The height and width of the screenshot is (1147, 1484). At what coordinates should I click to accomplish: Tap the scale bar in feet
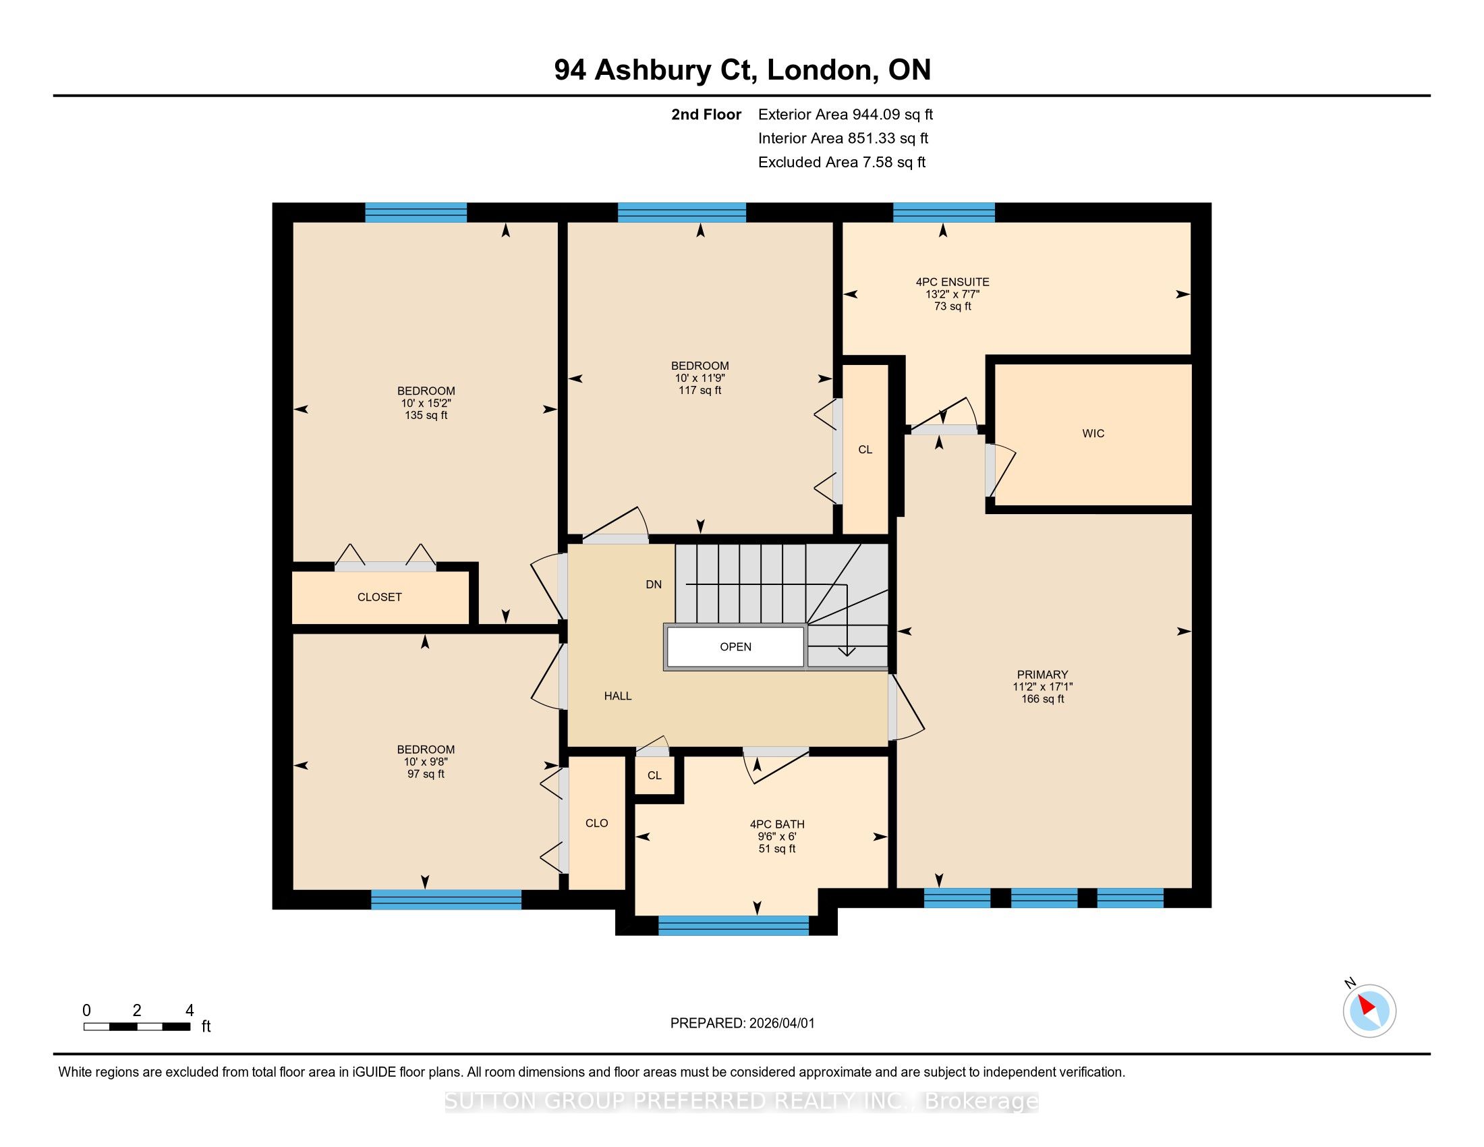pos(136,1027)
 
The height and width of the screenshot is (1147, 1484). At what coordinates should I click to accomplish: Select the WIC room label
pos(1093,434)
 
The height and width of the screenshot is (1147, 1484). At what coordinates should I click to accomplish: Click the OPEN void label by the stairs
pos(735,647)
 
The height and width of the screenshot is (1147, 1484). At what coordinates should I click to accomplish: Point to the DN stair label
pos(654,584)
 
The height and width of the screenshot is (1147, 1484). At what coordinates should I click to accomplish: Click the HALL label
pos(618,696)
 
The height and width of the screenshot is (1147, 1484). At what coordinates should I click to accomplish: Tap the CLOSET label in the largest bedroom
pos(379,597)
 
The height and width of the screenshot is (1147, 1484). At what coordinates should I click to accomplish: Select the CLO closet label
pos(596,823)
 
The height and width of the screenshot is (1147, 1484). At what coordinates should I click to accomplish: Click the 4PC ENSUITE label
pos(952,282)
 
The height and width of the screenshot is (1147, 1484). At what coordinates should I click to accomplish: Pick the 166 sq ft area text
pos(1042,698)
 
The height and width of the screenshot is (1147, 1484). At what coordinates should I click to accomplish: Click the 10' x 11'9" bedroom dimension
pos(700,378)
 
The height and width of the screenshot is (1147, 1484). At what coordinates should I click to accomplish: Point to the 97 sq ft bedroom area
pos(426,774)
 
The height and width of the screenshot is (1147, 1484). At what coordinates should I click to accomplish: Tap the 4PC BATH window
pos(734,926)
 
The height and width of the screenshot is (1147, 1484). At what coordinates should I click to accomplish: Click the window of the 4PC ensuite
pos(944,213)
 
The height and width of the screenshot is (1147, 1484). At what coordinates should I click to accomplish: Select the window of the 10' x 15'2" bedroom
pos(416,213)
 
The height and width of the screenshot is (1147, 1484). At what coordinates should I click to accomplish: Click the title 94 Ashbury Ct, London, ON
pos(742,69)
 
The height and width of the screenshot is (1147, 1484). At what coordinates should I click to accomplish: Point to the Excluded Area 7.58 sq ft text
pos(842,163)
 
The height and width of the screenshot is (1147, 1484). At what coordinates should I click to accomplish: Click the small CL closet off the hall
pos(654,775)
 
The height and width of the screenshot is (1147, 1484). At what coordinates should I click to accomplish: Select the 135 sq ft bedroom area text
pos(426,415)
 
